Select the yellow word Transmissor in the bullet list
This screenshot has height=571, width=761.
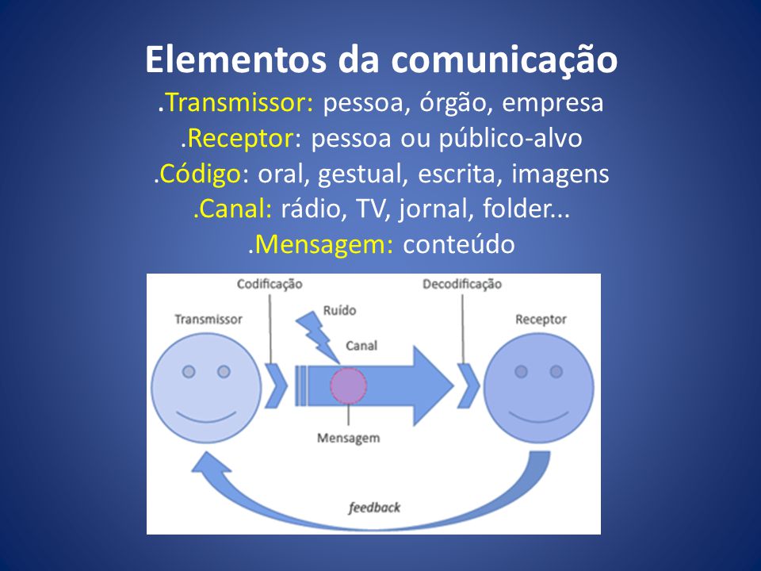[242, 103]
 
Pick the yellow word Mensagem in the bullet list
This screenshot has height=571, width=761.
[324, 245]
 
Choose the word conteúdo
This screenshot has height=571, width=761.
[459, 245]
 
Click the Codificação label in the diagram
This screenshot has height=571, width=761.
[270, 284]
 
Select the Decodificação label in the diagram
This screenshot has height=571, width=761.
[462, 284]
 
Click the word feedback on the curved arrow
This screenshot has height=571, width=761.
[374, 507]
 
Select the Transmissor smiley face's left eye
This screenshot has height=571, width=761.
[189, 371]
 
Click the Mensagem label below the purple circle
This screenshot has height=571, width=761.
[348, 438]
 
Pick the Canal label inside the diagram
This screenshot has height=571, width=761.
[361, 346]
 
